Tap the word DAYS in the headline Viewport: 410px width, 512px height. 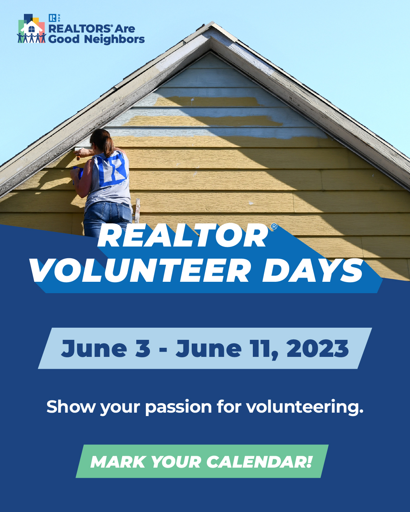coord(312,271)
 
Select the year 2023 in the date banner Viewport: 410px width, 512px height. coord(317,348)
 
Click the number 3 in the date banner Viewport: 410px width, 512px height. coord(143,348)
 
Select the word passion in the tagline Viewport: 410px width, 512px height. coord(178,408)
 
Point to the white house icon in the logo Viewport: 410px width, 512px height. coord(32,27)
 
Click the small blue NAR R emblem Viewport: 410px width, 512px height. coord(52,18)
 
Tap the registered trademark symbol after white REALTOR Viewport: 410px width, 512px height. coord(274,226)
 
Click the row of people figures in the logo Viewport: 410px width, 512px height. coord(32,38)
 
